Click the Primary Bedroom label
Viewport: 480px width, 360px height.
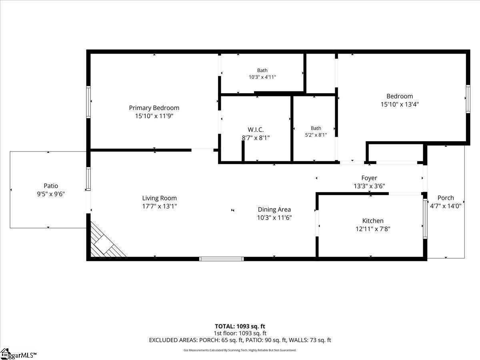154,108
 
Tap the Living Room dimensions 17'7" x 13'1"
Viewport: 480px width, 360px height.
160,206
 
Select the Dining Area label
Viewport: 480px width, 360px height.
274,209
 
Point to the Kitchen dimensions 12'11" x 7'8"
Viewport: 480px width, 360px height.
373,229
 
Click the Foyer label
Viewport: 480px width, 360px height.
369,178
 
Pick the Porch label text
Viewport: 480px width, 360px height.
446,198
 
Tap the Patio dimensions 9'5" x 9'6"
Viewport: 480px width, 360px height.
51,194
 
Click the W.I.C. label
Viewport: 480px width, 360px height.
256,130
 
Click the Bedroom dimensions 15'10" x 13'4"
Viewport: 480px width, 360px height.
400,104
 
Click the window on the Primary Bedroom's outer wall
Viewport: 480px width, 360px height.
88,102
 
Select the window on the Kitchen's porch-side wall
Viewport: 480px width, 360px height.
425,218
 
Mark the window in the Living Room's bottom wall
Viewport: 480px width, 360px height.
222,259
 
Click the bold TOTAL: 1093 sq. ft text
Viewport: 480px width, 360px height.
240,326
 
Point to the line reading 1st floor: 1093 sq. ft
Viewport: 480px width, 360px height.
240,333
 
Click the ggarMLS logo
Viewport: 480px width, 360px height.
18,354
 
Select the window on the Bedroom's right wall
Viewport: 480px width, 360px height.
468,99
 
